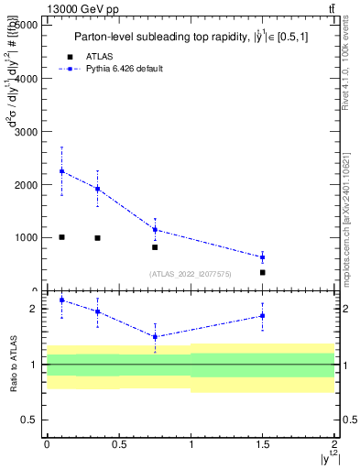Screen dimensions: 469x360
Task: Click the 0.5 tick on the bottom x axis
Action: (x=118, y=445)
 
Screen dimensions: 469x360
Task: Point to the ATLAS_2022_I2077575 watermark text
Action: (x=191, y=273)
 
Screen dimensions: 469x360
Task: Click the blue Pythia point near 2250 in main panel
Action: (x=61, y=171)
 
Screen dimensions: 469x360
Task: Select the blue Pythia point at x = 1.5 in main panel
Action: (x=263, y=257)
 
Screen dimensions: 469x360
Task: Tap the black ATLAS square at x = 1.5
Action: (x=263, y=272)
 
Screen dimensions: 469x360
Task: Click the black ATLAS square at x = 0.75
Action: (x=155, y=247)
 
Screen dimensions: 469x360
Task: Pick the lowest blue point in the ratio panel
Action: (x=155, y=336)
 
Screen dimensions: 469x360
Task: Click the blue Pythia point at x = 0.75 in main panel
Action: (x=155, y=229)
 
